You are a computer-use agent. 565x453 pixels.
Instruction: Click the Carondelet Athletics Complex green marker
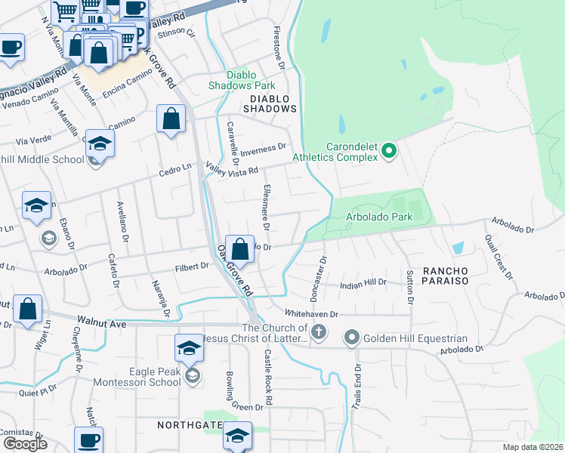tap(389, 151)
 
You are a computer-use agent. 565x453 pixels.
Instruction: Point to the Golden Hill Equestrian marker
tap(352, 337)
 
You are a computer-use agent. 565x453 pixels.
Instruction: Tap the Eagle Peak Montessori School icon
tap(193, 375)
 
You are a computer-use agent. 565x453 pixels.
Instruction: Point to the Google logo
tap(25, 443)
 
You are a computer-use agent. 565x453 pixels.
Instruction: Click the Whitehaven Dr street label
tap(310, 313)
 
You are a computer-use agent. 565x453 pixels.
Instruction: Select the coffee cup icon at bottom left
tap(88, 440)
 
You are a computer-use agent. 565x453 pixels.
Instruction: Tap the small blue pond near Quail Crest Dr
tap(458, 248)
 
